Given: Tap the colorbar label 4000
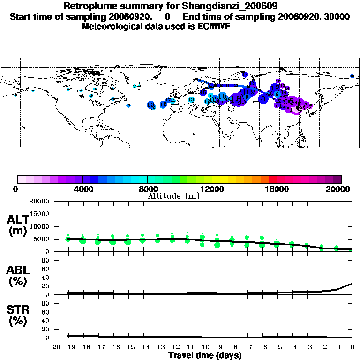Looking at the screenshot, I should (82, 189).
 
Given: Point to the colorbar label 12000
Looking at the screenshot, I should (212, 189).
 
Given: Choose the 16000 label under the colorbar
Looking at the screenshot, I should (277, 189).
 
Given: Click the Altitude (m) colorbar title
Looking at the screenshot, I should (174, 196).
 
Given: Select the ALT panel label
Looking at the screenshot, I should (18, 220).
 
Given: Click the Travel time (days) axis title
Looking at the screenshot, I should (205, 356).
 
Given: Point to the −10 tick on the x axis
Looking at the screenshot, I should (202, 348).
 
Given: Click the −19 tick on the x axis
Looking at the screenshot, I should (68, 348).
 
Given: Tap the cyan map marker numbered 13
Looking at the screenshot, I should (191, 99).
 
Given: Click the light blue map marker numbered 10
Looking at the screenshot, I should (222, 97).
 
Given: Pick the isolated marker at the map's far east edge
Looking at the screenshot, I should (352, 76).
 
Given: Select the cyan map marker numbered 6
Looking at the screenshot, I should (277, 94).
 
